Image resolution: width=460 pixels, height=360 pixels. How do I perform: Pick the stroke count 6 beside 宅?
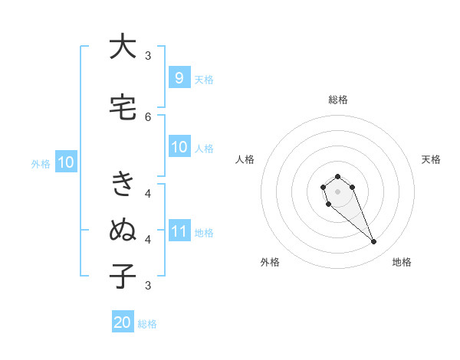pos(148,116)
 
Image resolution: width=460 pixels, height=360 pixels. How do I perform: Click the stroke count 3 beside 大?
pos(148,55)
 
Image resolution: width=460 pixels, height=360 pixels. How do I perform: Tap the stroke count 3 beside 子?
pos(148,285)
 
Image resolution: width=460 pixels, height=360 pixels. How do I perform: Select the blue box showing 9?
pos(179,78)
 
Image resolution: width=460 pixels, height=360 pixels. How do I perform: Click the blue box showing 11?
pos(179,231)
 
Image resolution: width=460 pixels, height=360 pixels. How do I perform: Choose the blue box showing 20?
pos(123,322)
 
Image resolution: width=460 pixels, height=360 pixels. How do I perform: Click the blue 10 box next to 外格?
pos(65,162)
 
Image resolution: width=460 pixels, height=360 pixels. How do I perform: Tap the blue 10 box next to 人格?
pos(179,147)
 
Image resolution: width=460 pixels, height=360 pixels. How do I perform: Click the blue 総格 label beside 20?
pos(147,324)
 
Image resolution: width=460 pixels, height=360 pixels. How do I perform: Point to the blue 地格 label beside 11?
pos(204,233)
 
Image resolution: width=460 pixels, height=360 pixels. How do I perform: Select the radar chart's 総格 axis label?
pos(337,100)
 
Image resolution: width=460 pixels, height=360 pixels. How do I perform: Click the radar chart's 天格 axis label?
pos(432,159)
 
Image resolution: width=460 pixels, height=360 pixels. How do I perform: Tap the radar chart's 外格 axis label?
pos(270,262)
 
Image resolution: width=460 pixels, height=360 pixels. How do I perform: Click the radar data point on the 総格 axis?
pos(337,177)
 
